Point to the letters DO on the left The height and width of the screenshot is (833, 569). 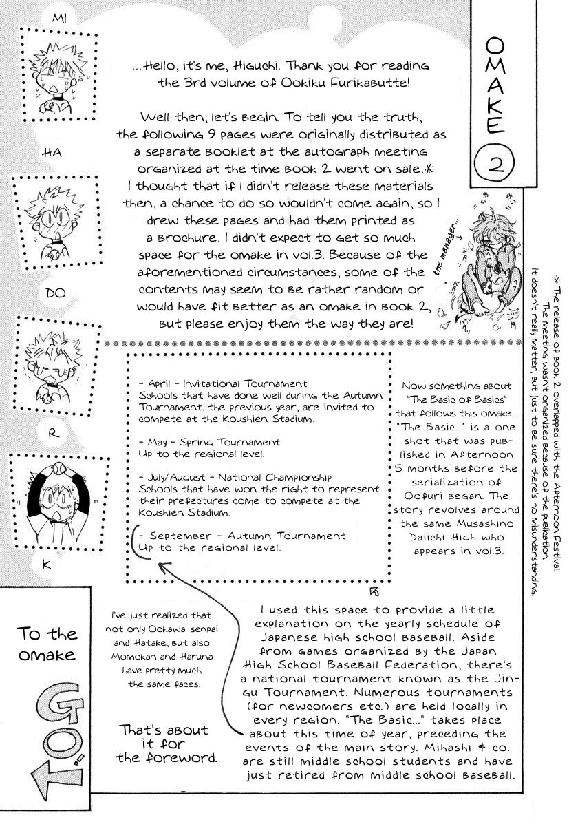(54, 293)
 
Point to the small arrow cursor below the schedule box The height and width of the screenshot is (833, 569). (374, 590)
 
